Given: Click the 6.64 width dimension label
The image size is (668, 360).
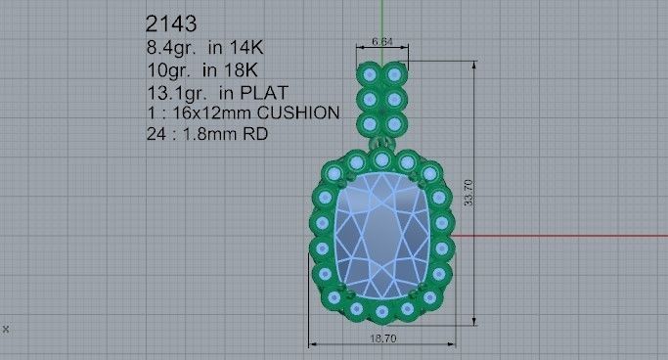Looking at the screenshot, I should [382, 42].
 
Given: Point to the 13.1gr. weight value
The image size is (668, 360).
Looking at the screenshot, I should [175, 93].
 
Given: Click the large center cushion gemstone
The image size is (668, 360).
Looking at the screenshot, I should [382, 235].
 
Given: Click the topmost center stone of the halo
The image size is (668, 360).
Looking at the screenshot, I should [382, 159].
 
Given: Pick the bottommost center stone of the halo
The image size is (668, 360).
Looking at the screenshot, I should [382, 312].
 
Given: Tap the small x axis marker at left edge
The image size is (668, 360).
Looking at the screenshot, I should [6, 329].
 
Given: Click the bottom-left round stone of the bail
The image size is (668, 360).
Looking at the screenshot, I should [370, 124].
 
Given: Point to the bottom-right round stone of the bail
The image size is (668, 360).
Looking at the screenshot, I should [394, 124].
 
